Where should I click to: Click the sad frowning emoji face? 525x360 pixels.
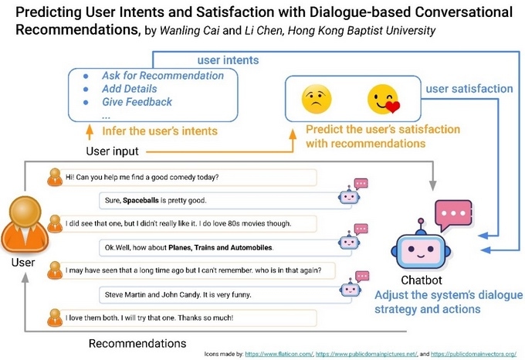[317, 100]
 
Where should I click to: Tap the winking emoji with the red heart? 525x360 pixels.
[384, 100]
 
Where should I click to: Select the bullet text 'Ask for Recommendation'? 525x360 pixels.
[163, 76]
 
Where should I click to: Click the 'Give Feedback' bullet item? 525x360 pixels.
[137, 102]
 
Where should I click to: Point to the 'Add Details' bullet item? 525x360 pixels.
[129, 89]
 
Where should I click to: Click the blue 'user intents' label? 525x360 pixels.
[228, 60]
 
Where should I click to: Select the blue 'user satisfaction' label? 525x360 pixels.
[469, 89]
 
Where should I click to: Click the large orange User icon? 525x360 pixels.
[25, 224]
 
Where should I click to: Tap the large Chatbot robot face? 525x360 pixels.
[421, 247]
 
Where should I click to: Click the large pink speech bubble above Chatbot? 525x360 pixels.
[453, 215]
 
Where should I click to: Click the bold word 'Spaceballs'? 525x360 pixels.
[141, 201]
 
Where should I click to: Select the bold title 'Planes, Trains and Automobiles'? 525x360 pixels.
[220, 248]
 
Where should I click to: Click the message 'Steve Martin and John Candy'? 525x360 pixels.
[178, 294]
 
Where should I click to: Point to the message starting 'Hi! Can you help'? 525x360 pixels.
[142, 177]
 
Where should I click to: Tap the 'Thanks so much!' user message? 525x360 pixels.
[149, 318]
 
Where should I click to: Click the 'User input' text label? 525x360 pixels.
[112, 151]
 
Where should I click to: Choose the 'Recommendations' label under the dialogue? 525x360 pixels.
[137, 344]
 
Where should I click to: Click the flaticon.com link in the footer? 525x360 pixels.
[279, 354]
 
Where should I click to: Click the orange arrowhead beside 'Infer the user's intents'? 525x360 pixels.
[90, 128]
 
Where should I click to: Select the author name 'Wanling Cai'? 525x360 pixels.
[190, 31]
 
